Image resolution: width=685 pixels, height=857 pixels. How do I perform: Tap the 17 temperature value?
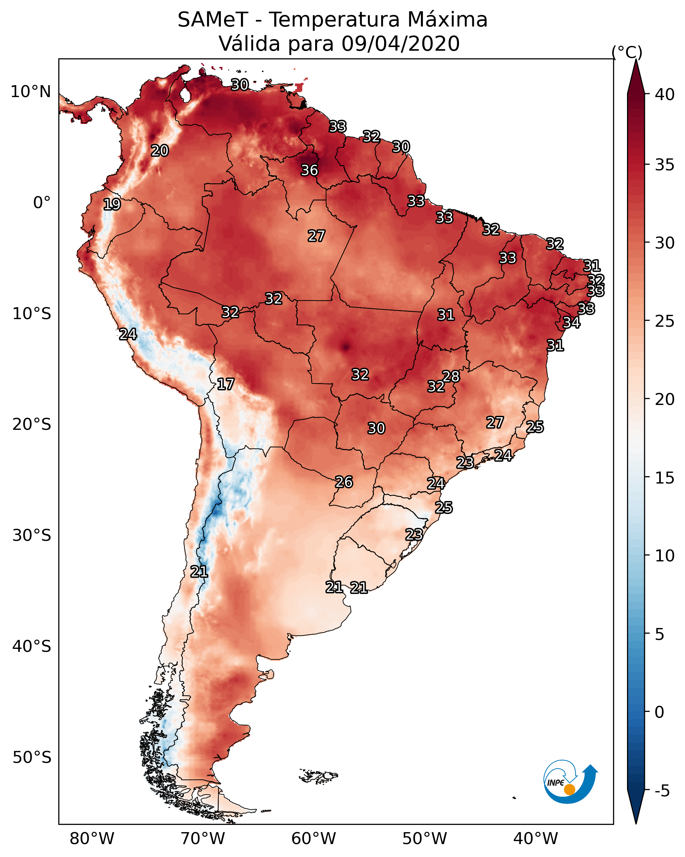[x=225, y=384]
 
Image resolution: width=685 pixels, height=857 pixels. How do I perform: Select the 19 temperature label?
[x=112, y=204]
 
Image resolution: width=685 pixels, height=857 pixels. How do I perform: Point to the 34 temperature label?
[x=571, y=322]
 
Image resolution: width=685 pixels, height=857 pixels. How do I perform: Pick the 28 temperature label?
[x=451, y=376]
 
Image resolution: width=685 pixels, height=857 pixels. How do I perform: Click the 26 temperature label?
[x=343, y=482]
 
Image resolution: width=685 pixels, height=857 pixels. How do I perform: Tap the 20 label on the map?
[x=159, y=151]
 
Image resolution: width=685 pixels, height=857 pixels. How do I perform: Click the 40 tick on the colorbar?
[x=665, y=94]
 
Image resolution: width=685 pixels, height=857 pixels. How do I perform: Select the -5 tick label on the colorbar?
[x=661, y=791]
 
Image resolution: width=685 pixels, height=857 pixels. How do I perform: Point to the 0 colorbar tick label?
[x=659, y=712]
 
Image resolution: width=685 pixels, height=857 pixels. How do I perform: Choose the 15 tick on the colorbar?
[x=665, y=478]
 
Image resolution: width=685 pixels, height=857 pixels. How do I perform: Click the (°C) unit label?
[x=627, y=52]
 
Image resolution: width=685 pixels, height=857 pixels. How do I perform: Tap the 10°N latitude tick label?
[x=30, y=92]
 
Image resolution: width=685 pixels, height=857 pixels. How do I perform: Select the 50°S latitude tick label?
[x=32, y=758]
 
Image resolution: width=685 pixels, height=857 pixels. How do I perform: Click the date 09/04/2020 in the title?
[x=400, y=43]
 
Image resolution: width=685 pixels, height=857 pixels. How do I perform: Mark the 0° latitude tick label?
[x=42, y=203]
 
